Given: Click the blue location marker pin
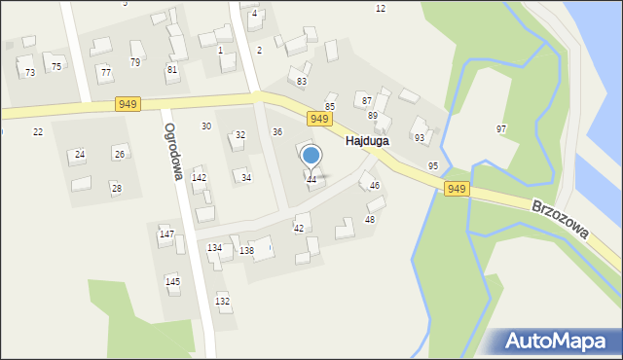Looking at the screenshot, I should pos(311,156).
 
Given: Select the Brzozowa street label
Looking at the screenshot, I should pos(561,220).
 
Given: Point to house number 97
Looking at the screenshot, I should pos(501,128).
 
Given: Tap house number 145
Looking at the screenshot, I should pos(172,281).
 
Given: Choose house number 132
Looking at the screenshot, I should pos(223,301).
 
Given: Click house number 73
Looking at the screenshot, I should pos(30,72).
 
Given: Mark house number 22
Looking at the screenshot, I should pos(38,131).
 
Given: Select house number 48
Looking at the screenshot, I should pos(370,219).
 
